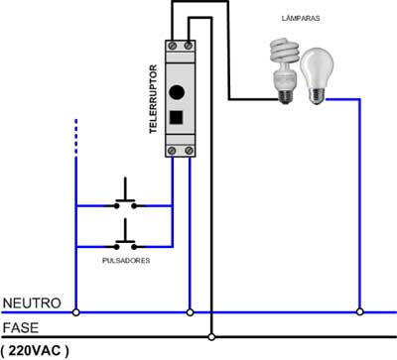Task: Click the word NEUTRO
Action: coord(31,302)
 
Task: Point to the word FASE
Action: coord(21,326)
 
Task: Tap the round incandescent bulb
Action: coord(318,71)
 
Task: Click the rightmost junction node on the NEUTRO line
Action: coord(360,311)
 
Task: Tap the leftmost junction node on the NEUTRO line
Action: coord(75,311)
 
